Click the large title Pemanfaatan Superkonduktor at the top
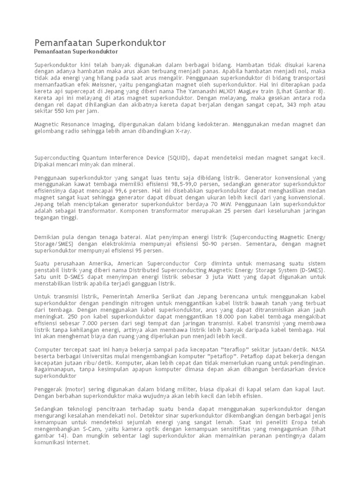100,43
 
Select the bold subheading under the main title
76,51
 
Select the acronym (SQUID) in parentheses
176,158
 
